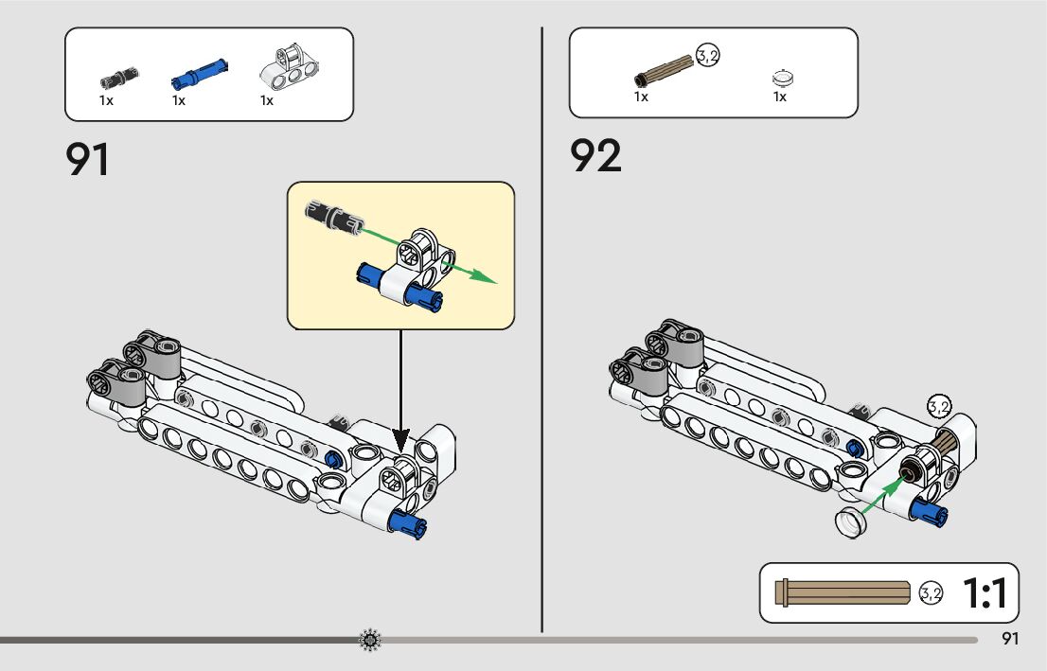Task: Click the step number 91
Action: point(87,159)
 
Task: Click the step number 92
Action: point(595,156)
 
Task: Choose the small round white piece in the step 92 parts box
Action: point(781,78)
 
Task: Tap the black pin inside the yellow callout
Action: point(332,215)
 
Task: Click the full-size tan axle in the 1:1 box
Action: point(842,593)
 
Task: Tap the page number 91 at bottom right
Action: point(1010,639)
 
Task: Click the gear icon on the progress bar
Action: point(370,641)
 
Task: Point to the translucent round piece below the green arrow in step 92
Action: point(853,521)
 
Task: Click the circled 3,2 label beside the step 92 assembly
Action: point(938,407)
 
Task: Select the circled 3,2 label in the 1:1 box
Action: point(931,594)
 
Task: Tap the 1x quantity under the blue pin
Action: point(179,100)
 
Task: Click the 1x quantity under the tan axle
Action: point(641,97)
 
